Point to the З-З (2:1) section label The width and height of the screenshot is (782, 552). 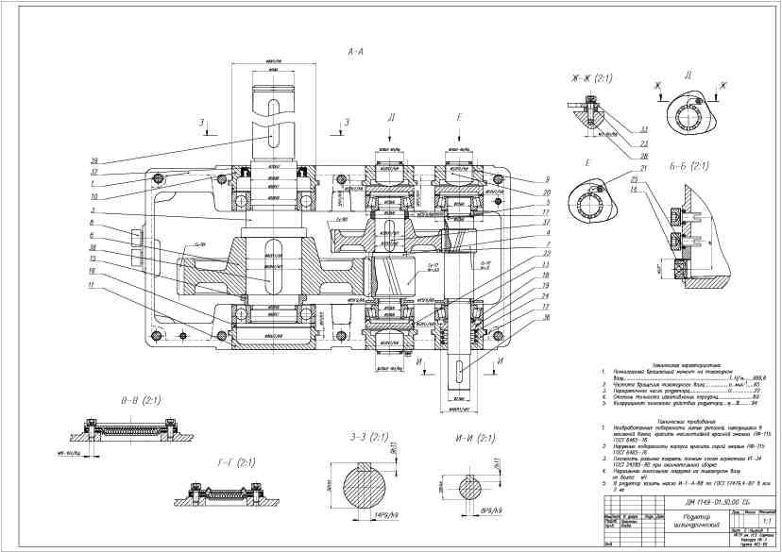coord(368,439)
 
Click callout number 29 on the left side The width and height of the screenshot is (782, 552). coord(93,159)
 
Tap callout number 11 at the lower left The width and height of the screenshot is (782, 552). coord(92,285)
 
